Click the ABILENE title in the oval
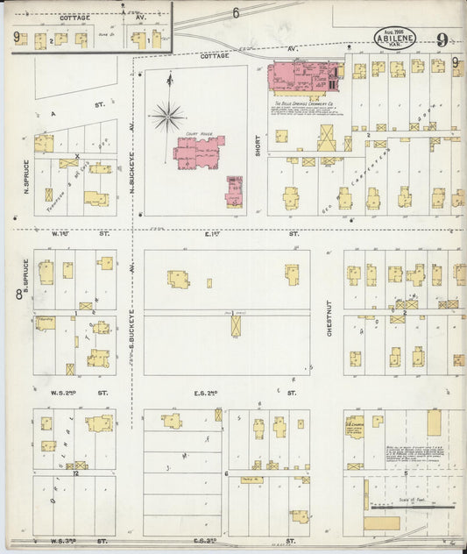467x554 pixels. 395,38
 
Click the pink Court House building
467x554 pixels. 198,153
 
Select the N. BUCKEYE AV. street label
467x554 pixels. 132,178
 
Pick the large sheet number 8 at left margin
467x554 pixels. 18,295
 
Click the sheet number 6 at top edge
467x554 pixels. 236,13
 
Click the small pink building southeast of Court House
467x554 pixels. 234,190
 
